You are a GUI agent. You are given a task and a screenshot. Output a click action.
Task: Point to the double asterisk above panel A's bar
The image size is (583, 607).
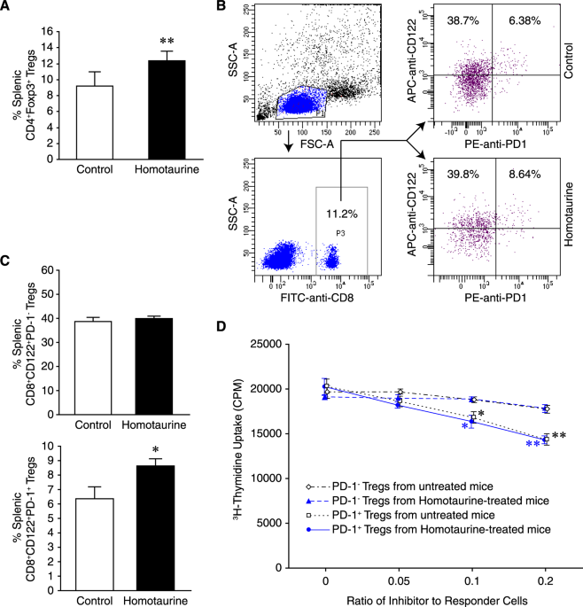click(x=152, y=42)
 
